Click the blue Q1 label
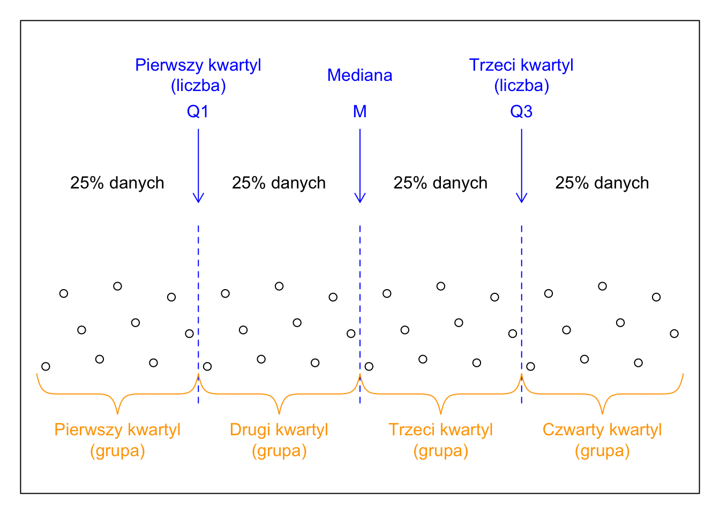[198, 111]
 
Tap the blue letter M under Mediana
[360, 111]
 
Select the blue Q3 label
[521, 111]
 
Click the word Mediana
[360, 75]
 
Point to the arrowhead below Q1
[198, 199]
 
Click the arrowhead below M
[360, 199]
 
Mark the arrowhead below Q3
[522, 199]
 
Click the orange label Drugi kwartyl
[279, 430]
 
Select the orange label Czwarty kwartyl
[602, 430]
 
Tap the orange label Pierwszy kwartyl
[117, 430]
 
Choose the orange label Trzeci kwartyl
[440, 430]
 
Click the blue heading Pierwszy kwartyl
[198, 65]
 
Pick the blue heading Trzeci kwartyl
[521, 65]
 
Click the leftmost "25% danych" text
[117, 183]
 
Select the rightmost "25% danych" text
[602, 183]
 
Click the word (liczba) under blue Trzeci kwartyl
[521, 86]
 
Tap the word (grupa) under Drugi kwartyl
[279, 451]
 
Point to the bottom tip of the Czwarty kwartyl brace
[603, 413]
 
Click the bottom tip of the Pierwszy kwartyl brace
[118, 413]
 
